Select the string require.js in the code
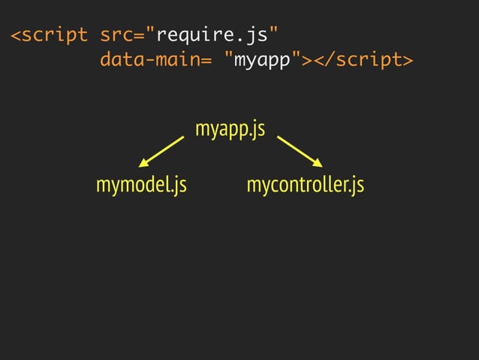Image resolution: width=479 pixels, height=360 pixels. coord(212,35)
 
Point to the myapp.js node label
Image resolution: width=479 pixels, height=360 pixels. coord(230,129)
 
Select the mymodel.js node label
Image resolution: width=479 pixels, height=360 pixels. coord(141,184)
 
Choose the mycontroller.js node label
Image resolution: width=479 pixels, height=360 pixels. coord(305,184)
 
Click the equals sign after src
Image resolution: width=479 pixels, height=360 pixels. coord(140,35)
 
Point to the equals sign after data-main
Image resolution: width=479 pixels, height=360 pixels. coord(206,59)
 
